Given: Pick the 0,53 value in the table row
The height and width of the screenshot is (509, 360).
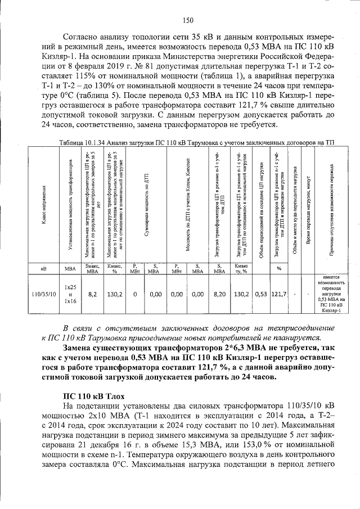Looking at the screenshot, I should click(x=261, y=294).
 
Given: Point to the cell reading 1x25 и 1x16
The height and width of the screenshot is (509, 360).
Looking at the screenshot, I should click(x=70, y=294).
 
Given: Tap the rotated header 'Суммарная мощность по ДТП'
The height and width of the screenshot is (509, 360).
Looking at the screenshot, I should click(x=146, y=205).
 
